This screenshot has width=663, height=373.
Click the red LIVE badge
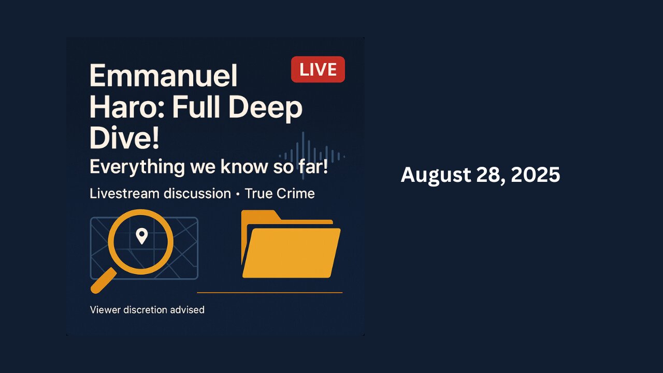coord(318,69)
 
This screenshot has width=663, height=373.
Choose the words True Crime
coord(280,194)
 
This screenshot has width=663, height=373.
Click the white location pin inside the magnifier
coord(141,237)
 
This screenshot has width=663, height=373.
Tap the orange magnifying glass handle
coord(103,281)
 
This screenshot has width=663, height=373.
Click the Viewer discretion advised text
coord(147,310)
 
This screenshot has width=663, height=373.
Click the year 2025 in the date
coord(536,175)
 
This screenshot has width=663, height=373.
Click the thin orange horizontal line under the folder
coord(269,293)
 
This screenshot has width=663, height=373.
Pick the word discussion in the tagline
coord(197,194)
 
